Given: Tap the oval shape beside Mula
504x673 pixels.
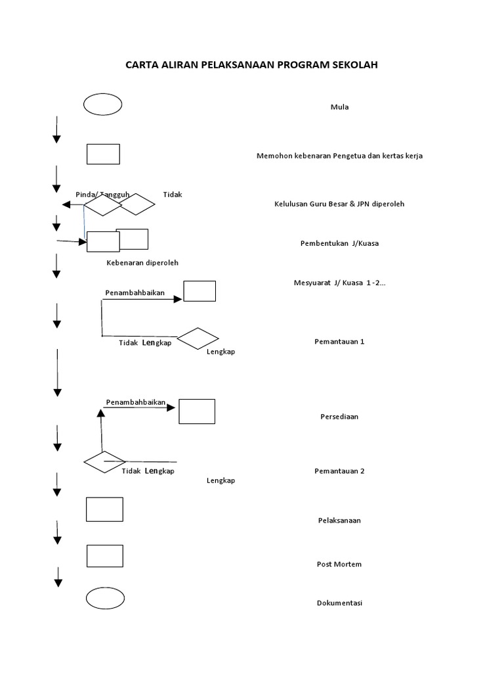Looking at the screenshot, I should pyautogui.click(x=102, y=104).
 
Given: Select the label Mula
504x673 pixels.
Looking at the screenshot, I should pyautogui.click(x=339, y=107).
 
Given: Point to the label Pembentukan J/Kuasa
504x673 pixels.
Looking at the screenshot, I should pyautogui.click(x=339, y=243).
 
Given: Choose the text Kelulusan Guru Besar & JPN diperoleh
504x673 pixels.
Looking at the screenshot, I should pyautogui.click(x=339, y=204).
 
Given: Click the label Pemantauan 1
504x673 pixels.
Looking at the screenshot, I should pyautogui.click(x=339, y=342).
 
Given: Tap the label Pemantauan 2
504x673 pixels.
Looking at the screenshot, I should pyautogui.click(x=339, y=471).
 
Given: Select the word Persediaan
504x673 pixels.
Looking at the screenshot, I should pyautogui.click(x=339, y=417).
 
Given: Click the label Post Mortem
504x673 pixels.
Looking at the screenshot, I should pyautogui.click(x=339, y=564).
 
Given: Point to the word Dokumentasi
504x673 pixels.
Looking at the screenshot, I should pyautogui.click(x=339, y=603).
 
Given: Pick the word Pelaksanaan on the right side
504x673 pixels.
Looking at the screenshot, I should pyautogui.click(x=339, y=521).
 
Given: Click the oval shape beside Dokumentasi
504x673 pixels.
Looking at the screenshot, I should pyautogui.click(x=105, y=598).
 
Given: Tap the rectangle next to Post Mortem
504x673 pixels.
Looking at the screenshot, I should pyautogui.click(x=105, y=555).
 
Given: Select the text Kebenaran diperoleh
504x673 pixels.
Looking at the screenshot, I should pyautogui.click(x=142, y=263).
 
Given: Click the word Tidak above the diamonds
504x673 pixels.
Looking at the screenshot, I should pyautogui.click(x=173, y=195).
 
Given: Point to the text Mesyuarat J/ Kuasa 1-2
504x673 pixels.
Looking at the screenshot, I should pyautogui.click(x=339, y=283).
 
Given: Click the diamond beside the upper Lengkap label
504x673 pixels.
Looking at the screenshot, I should pyautogui.click(x=198, y=338).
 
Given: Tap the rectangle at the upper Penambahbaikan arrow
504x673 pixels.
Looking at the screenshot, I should pyautogui.click(x=199, y=291).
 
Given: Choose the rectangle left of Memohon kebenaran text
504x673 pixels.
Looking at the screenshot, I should pyautogui.click(x=103, y=154).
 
